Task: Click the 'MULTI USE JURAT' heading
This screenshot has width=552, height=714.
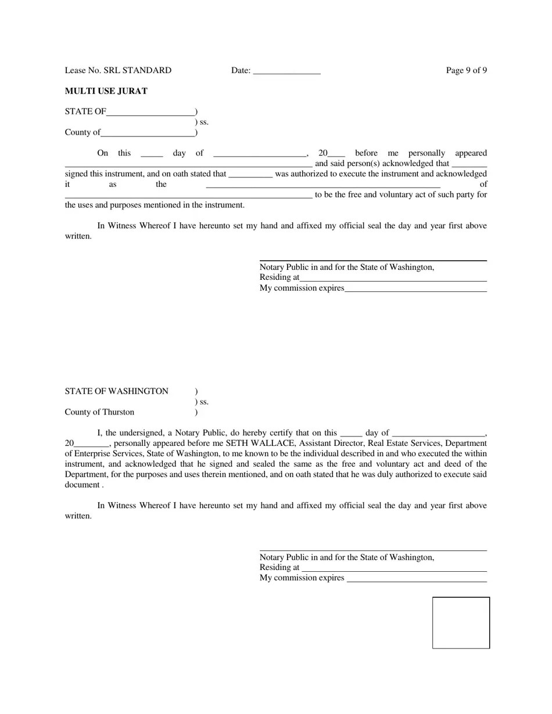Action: click(106, 91)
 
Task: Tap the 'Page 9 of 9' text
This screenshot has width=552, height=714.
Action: click(466, 70)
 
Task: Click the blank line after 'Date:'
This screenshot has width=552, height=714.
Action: click(286, 72)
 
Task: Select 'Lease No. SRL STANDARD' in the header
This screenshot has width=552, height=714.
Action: click(118, 70)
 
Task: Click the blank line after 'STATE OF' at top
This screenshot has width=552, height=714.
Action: click(150, 113)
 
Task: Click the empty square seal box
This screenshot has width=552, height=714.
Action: click(461, 622)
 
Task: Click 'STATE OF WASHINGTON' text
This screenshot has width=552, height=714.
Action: click(116, 391)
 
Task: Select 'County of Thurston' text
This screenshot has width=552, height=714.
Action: click(99, 412)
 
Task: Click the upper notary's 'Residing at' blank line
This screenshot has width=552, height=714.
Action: click(393, 279)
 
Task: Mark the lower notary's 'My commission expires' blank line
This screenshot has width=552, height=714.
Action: click(417, 580)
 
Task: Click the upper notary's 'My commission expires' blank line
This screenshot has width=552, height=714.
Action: click(415, 290)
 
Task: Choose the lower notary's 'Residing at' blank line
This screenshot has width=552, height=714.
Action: click(394, 569)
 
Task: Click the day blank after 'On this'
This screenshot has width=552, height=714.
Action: click(152, 154)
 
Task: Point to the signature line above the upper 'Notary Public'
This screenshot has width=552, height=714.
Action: click(372, 261)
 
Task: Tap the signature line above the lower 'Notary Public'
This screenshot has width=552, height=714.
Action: click(372, 550)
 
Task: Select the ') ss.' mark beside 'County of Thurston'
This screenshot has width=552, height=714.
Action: click(202, 402)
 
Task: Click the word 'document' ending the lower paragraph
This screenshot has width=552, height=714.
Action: click(82, 485)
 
